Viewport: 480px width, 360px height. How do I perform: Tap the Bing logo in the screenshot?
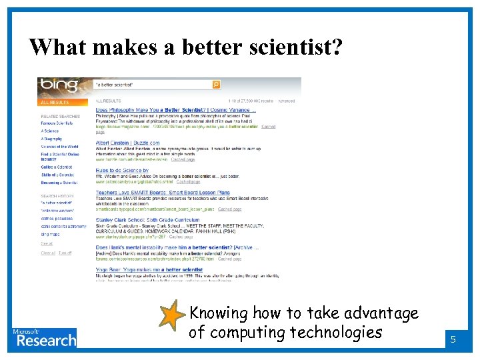[59, 85]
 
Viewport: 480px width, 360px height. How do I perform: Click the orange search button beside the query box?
[216, 85]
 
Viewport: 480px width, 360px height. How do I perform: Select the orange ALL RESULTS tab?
[55, 103]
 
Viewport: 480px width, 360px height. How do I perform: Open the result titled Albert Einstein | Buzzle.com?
[127, 142]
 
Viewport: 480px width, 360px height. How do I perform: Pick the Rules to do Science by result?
[122, 171]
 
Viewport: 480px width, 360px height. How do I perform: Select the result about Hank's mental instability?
[177, 247]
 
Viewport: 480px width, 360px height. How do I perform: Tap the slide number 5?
[453, 339]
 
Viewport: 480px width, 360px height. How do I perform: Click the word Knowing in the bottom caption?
[218, 313]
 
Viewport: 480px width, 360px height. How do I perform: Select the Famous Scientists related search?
[57, 123]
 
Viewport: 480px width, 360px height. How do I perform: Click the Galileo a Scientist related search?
[56, 167]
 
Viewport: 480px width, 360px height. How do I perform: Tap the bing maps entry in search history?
[50, 235]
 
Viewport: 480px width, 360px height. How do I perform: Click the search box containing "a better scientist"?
[153, 85]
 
